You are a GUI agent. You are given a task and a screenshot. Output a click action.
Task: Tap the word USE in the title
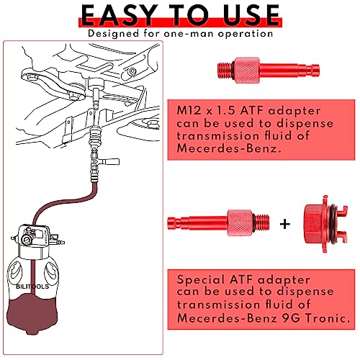pyautogui.click(x=243, y=14)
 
